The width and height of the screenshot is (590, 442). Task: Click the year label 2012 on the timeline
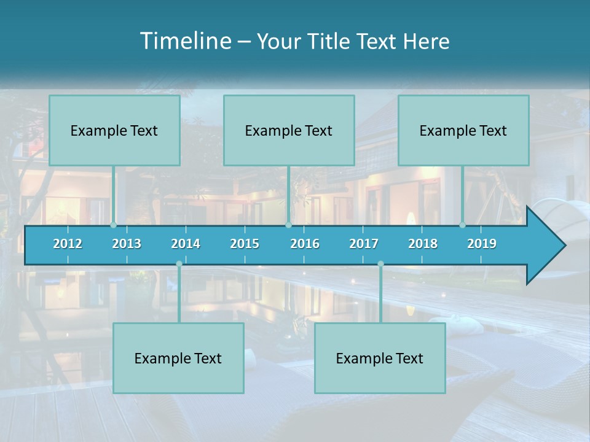68,244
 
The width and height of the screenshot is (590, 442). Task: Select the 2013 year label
127,244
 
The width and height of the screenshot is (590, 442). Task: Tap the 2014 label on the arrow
186,244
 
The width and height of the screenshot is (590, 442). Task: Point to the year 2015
245,244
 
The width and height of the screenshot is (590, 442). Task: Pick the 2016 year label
305,244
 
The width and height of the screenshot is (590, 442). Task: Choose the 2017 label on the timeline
364,244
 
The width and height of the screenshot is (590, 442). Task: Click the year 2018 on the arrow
423,244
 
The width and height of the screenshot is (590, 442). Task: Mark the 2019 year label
482,244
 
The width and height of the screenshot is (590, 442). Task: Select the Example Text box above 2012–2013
114,130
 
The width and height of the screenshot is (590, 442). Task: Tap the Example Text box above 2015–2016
289,130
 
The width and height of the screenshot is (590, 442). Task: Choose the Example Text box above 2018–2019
463,130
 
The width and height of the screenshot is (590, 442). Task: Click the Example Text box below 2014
178,358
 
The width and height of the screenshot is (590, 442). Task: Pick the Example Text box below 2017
380,358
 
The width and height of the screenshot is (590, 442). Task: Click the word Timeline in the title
185,41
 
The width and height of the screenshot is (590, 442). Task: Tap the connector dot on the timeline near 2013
114,225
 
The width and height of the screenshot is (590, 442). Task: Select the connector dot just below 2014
179,264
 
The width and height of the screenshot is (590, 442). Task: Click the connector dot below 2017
380,264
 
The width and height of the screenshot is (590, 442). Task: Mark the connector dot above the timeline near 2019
463,225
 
